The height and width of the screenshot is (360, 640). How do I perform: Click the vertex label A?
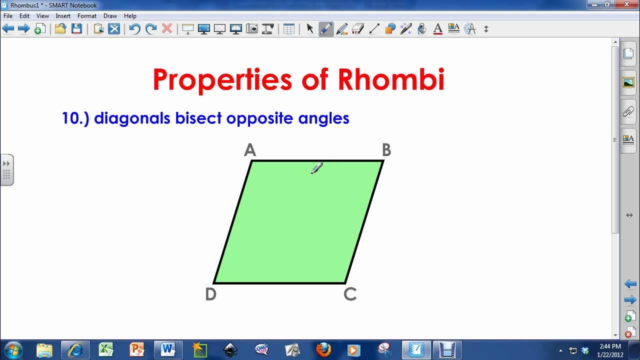tap(250, 150)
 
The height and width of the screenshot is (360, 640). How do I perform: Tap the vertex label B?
tap(386, 150)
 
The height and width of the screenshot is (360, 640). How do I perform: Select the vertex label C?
tap(350, 294)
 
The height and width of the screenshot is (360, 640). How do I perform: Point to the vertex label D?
tap(210, 294)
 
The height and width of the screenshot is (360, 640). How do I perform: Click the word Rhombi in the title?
tap(391, 79)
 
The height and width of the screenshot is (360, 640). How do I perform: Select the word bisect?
tap(198, 118)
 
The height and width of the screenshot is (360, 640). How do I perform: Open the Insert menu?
tap(63, 16)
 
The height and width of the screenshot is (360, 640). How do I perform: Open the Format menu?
tap(87, 16)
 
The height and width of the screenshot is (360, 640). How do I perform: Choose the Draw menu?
tap(110, 16)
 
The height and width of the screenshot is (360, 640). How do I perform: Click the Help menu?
tap(130, 16)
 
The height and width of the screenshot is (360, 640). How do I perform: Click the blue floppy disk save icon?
tap(76, 29)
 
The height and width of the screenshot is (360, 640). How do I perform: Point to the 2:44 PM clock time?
tap(609, 346)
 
